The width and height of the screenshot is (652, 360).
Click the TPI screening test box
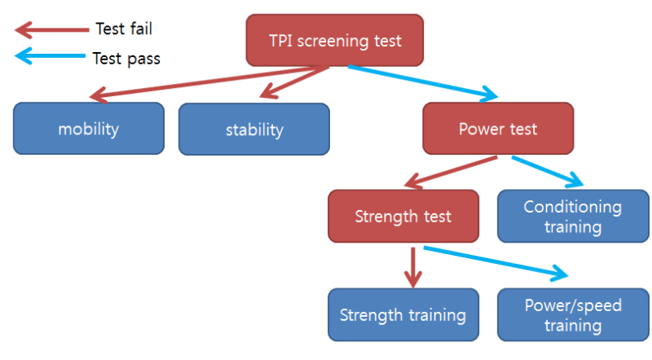click(335, 40)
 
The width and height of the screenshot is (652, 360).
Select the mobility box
click(88, 129)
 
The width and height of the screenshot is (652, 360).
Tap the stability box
click(254, 130)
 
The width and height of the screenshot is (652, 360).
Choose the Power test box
click(498, 129)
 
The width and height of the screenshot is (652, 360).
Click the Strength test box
click(403, 217)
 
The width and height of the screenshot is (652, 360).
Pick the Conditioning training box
click(572, 217)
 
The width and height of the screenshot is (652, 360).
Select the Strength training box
click(403, 315)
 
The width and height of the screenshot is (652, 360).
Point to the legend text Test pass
click(126, 58)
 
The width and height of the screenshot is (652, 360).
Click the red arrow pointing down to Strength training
click(414, 265)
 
